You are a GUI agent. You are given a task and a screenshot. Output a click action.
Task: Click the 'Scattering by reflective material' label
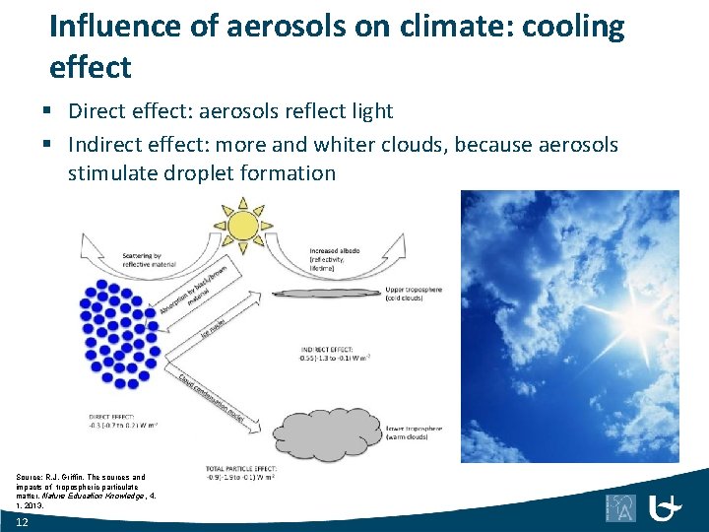(150, 260)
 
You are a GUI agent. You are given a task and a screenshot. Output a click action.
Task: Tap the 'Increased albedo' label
(336, 258)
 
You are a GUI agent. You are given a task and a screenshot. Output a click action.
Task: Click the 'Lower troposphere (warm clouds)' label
(416, 433)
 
